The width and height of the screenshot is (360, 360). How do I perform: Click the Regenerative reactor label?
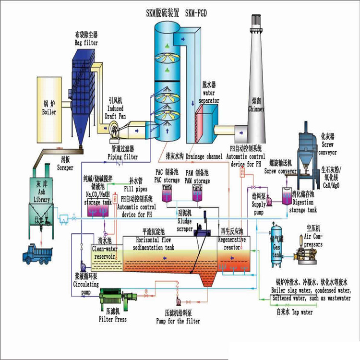[x=232, y=243]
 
